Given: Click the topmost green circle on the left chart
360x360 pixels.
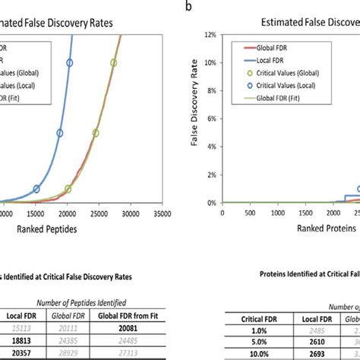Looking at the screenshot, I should pos(113,63).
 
